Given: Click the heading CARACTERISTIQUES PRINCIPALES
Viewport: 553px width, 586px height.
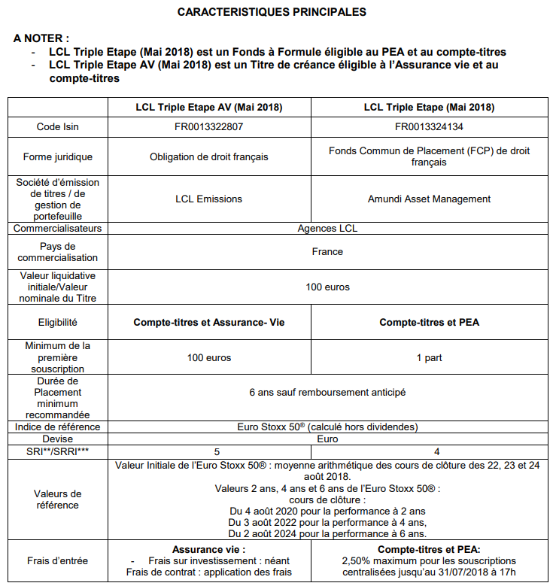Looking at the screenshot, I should tap(272, 12).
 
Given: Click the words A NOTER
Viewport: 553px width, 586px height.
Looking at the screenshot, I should tap(41, 38).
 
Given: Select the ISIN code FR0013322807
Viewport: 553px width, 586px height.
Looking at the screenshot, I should tap(208, 127).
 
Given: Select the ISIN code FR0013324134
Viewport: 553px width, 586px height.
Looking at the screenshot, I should tap(429, 127).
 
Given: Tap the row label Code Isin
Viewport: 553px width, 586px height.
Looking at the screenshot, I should tap(57, 127).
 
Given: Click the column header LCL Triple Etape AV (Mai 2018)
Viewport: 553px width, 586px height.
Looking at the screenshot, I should tap(208, 108).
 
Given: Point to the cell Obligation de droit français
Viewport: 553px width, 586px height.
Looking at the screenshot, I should tap(208, 157).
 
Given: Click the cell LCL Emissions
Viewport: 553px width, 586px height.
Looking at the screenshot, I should tap(208, 199).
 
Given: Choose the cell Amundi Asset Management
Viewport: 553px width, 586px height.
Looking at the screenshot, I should tap(429, 199).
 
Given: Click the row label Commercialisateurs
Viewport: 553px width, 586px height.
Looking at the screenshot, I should tap(57, 228).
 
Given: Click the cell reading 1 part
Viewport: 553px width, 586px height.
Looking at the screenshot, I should tap(429, 357).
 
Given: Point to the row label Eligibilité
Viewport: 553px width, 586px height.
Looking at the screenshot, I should tap(57, 323).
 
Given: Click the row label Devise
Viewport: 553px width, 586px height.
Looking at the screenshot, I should tap(57, 439).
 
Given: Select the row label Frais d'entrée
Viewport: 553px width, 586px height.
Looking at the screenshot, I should tap(57, 560).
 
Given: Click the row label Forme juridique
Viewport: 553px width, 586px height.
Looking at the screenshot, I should tap(57, 157).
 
